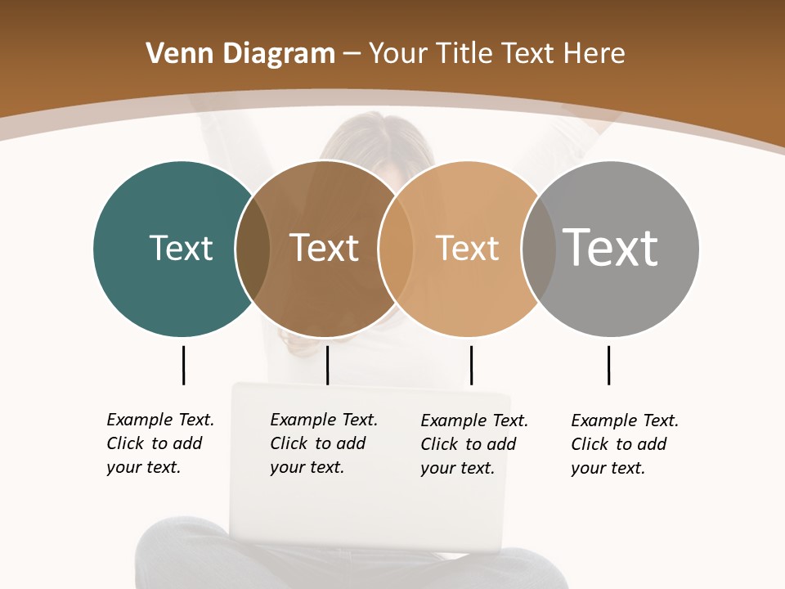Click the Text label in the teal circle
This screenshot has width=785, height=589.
pos(181,248)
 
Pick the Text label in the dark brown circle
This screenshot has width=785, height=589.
pos(325,248)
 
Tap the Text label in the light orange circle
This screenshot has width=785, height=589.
pos(467,248)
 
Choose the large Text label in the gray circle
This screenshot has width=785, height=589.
pos(611,248)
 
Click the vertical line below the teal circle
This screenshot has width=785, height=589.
pos(183,365)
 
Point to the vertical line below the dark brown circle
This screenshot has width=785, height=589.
pos(327,365)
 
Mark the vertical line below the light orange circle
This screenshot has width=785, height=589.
pos(471,365)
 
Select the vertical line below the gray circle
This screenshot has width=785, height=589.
pos(608,365)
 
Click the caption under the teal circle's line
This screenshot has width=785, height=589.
pos(159,443)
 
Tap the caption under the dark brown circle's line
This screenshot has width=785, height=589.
pos(323,443)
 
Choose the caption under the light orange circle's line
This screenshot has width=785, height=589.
pos(473,444)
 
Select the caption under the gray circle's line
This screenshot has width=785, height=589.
pos(624,444)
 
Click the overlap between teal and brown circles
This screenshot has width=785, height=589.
pos(253,249)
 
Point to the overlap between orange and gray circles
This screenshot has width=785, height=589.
pos(537,249)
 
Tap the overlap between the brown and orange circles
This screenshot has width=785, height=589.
pos(395,249)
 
